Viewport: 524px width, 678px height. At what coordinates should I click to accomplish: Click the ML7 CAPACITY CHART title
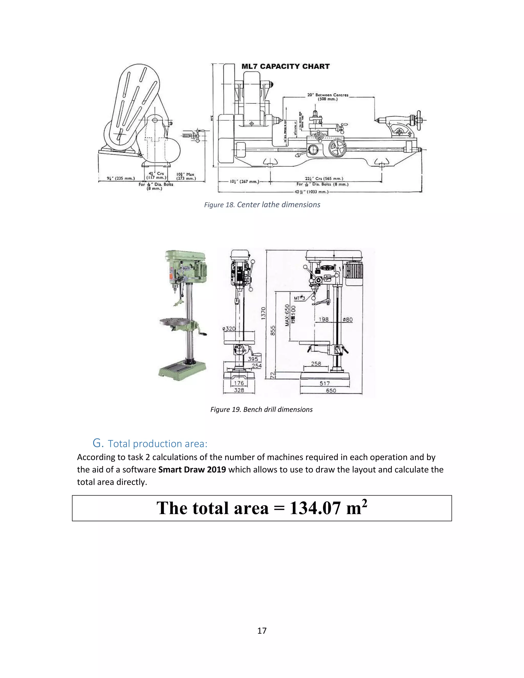coord(285,67)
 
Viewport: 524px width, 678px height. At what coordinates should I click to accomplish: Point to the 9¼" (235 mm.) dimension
coord(121,179)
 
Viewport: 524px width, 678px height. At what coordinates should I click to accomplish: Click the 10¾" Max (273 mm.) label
coord(186,176)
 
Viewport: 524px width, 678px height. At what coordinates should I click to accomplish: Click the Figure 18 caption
coord(262,205)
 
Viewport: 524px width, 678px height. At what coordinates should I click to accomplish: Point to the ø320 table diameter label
coord(229,329)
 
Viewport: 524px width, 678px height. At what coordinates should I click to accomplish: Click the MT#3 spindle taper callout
coord(299,298)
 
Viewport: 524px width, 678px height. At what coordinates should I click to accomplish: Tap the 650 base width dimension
coord(331,390)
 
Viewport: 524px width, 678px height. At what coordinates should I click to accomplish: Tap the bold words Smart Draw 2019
coord(192,469)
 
